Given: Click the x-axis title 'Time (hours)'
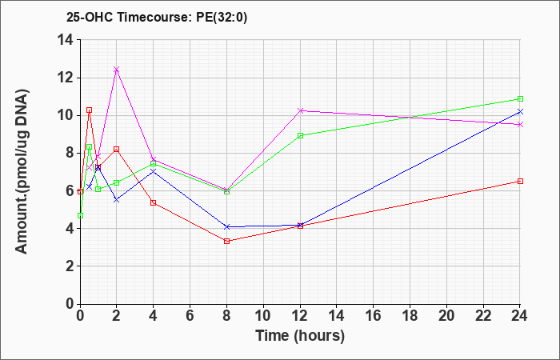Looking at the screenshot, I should coord(300,335).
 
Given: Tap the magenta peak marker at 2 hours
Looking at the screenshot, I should coord(117,70).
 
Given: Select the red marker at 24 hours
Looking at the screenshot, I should coord(521,181).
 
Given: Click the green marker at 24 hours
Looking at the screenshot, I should coord(521,98).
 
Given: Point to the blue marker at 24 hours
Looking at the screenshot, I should coord(521,111).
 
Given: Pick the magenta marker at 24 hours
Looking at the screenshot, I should coord(521,124).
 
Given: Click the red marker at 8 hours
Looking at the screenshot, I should coord(227,241).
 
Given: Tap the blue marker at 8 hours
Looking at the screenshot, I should coord(227,226).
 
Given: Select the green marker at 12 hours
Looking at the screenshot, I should coord(301,135).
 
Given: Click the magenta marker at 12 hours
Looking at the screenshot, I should coord(301,110).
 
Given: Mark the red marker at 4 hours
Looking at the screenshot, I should coord(154,202).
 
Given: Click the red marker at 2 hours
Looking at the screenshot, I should coord(117,149).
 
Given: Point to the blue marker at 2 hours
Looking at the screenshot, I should coord(117,199).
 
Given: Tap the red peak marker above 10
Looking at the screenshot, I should coord(89,110).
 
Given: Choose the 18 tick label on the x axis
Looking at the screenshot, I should coord(410,316).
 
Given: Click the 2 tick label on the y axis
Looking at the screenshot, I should coord(68,266).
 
